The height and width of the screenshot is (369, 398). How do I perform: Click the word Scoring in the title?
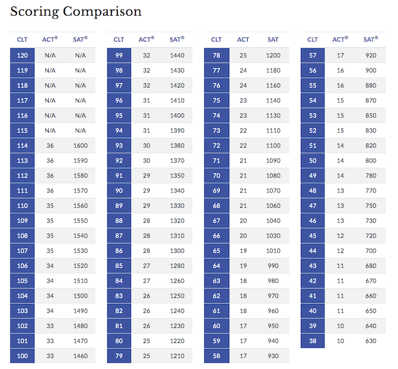(x=34, y=11)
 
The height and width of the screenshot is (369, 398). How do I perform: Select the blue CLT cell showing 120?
(x=22, y=55)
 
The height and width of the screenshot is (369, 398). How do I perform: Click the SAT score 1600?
(x=81, y=145)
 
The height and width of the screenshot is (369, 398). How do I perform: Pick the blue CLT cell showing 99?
(x=119, y=55)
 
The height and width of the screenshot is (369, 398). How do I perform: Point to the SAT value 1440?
(x=177, y=55)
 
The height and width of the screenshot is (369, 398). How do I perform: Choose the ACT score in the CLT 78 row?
(x=243, y=55)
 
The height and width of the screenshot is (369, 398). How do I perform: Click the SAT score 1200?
(x=273, y=55)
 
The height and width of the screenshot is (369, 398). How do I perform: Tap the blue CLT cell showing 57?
(x=313, y=55)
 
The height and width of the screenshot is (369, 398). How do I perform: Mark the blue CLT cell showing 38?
(x=313, y=341)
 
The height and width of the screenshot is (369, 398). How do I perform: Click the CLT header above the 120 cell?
(x=22, y=39)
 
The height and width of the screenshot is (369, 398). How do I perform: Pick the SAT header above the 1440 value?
(x=177, y=39)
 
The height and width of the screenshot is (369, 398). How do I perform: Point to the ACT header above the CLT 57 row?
(x=340, y=39)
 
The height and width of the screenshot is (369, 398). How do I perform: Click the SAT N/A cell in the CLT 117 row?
(x=81, y=100)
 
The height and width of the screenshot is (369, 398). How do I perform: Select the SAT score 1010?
(x=273, y=251)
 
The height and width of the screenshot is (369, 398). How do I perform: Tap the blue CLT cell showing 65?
(x=217, y=251)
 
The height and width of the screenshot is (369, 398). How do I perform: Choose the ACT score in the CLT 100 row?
(x=50, y=356)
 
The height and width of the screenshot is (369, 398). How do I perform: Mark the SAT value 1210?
(x=177, y=356)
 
